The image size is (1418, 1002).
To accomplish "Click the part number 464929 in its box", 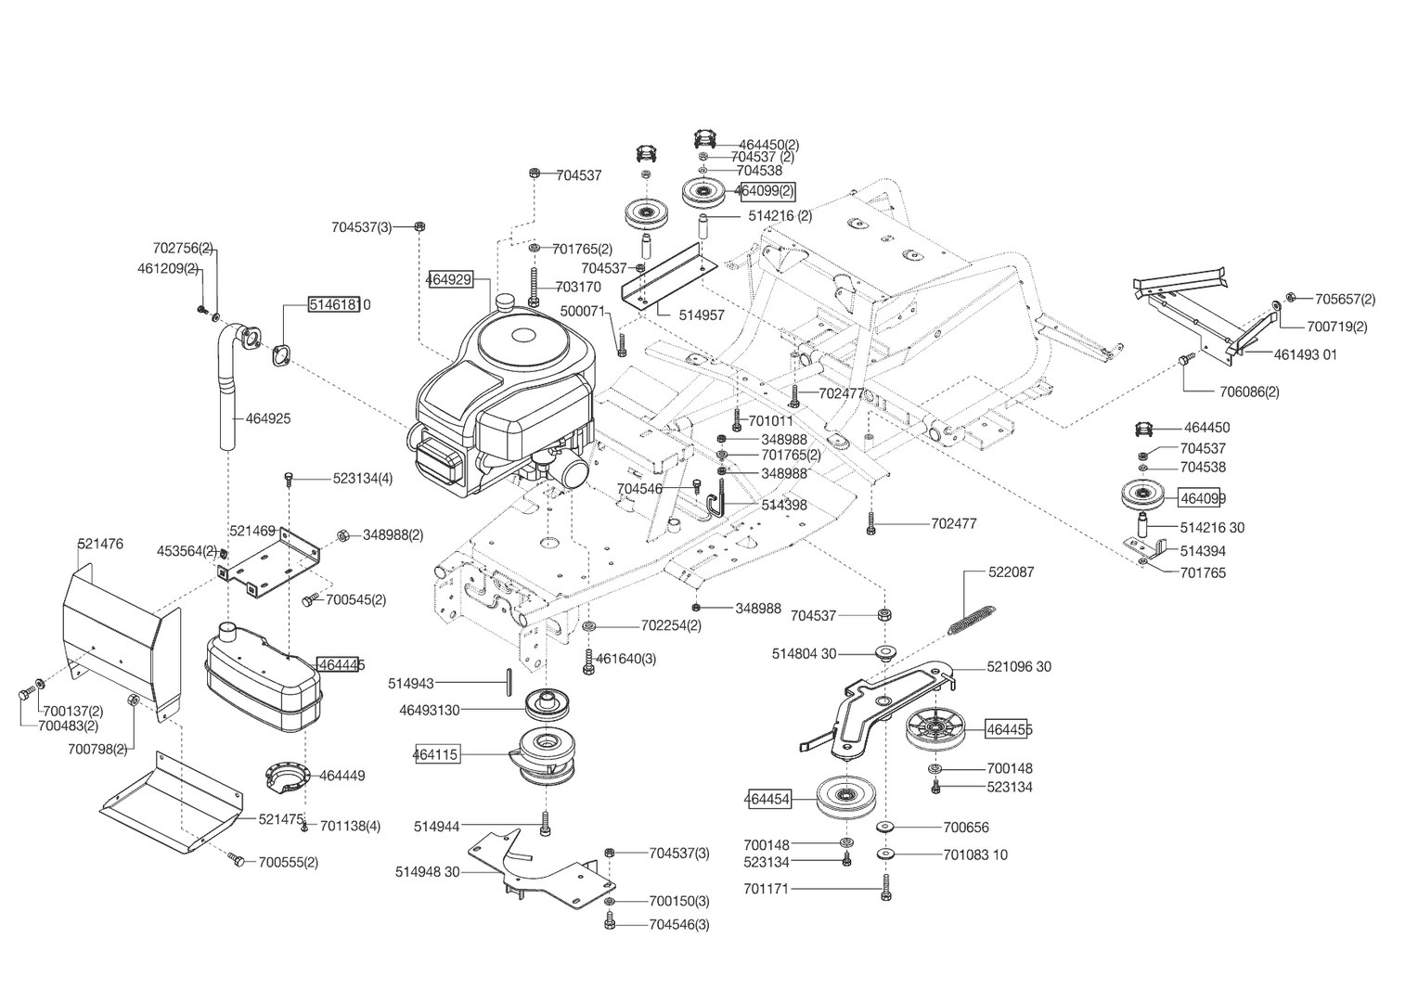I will [x=450, y=279].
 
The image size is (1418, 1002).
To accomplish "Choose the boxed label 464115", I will [x=435, y=755].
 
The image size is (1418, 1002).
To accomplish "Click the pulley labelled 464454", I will [x=847, y=797].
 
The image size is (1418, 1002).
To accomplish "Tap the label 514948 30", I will [x=427, y=872].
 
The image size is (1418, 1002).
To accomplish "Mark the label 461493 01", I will [x=1305, y=354].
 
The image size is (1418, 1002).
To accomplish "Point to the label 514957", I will [x=701, y=315].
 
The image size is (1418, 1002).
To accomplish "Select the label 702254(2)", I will [x=671, y=625].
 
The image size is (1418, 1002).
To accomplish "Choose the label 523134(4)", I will [x=363, y=479].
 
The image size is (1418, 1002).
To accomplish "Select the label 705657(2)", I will [x=1345, y=299].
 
